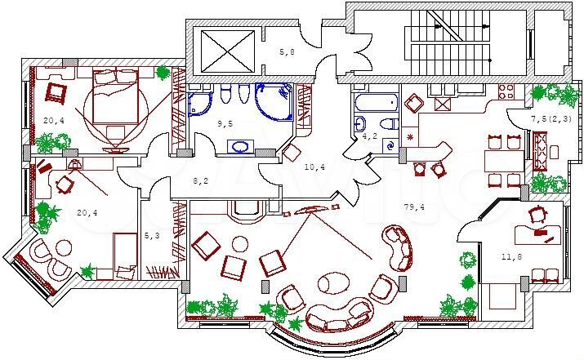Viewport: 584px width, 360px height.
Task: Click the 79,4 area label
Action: click(414, 207)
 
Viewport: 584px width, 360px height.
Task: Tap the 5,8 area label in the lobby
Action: click(287, 51)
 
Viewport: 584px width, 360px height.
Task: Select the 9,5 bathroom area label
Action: click(225, 123)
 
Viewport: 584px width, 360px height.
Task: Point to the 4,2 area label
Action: click(370, 136)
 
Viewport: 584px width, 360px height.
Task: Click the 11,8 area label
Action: click(512, 256)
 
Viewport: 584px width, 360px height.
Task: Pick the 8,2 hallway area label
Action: click(200, 181)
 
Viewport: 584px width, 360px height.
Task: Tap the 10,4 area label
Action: click(314, 167)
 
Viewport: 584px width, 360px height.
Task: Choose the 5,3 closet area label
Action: click(152, 235)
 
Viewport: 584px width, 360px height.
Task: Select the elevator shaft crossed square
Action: click(228, 51)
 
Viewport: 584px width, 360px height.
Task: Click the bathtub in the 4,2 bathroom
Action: click(376, 102)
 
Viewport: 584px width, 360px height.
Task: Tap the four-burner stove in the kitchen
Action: click(506, 91)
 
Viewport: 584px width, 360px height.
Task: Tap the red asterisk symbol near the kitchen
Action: click(411, 137)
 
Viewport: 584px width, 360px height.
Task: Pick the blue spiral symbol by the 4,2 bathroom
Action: click(390, 145)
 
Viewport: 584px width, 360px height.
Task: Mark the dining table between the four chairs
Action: click(504, 162)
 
